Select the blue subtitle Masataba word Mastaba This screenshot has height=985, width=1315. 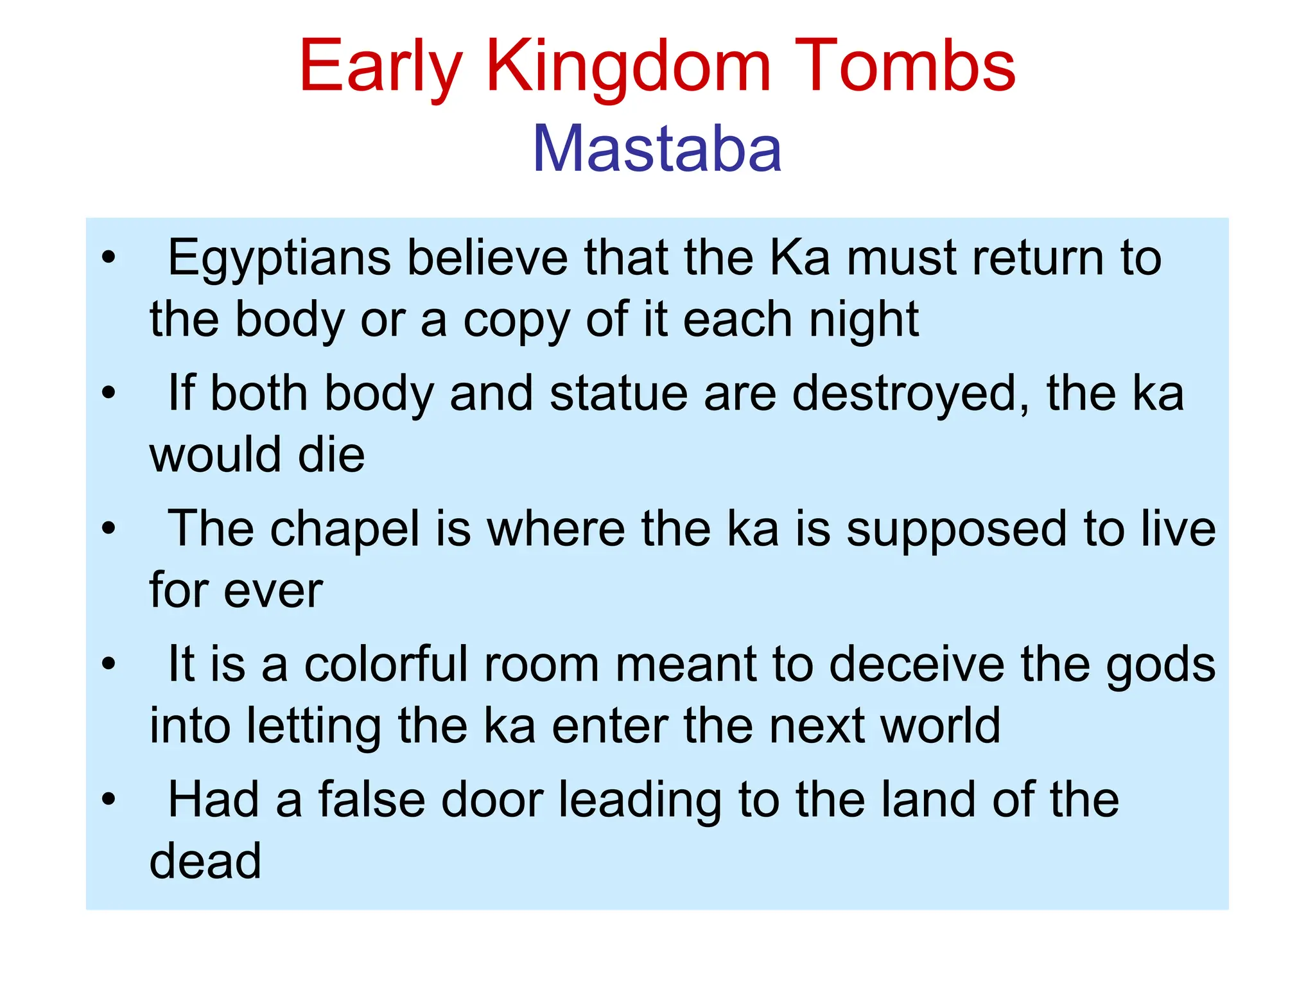tap(657, 149)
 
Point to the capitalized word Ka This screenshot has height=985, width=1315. tap(799, 258)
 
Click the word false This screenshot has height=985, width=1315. tap(372, 800)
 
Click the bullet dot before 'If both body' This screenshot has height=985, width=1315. tap(109, 393)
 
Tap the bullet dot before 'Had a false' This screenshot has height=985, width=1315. tap(109, 800)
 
